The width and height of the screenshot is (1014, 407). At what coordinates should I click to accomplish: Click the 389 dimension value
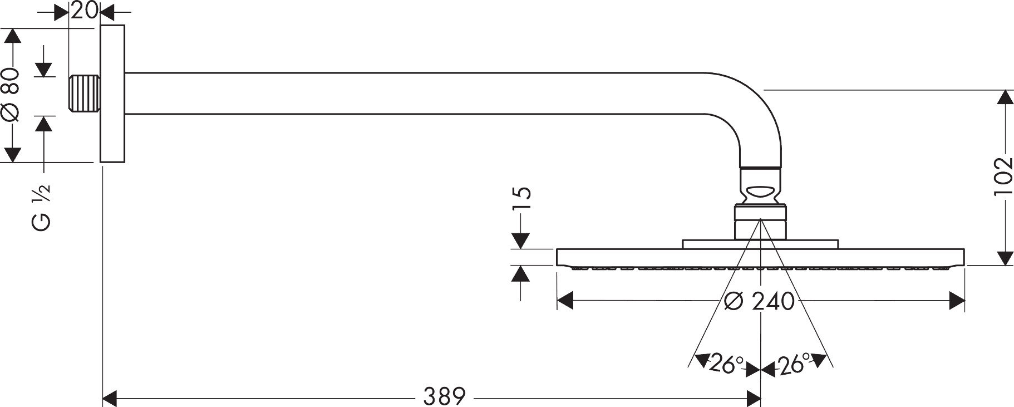[x=444, y=396]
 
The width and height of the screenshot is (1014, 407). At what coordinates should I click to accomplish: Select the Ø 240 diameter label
[x=760, y=301]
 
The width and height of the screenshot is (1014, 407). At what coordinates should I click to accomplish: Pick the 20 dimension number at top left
[x=85, y=9]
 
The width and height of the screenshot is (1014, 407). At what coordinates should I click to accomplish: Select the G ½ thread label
[x=41, y=207]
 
